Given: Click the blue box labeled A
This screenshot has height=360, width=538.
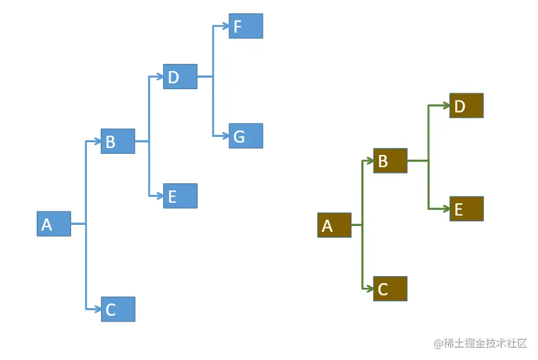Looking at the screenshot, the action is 54,224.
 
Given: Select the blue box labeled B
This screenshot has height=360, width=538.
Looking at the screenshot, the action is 118,141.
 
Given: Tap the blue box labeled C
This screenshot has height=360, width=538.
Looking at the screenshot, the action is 118,309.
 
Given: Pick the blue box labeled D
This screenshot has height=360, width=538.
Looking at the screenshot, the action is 180,76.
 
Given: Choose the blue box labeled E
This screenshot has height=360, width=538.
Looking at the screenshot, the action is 180,196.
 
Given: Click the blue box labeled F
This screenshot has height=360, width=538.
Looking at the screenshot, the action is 245,26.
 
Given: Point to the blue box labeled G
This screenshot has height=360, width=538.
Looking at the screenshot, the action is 245,136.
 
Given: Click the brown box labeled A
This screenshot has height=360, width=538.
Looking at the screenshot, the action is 334,225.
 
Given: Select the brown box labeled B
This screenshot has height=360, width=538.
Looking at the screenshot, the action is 390,161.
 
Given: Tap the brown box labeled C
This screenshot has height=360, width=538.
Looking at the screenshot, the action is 390,289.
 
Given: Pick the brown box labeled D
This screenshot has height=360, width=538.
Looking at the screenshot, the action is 466,105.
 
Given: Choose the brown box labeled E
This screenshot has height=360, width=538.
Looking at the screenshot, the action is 466,209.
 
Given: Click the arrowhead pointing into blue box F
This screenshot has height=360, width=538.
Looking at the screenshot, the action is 224,26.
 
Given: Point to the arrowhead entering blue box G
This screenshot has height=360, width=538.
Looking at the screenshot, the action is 224,136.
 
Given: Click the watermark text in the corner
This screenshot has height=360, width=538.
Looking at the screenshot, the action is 480,344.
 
